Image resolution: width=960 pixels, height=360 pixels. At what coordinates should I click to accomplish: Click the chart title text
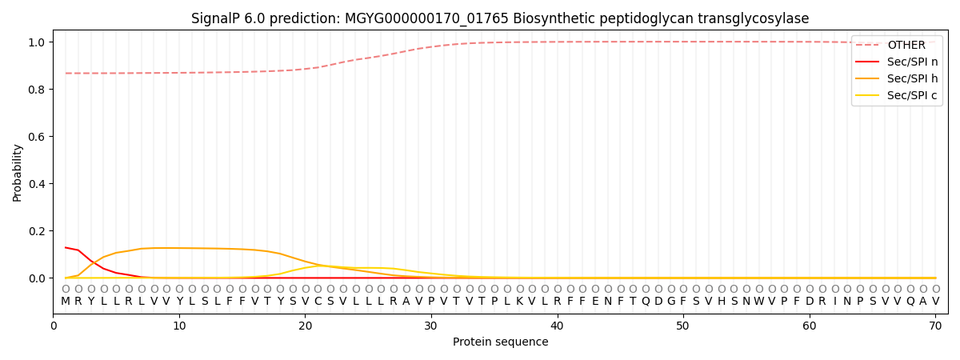tap(500, 18)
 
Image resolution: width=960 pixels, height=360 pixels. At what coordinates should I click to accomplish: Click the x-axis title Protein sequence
tap(500, 342)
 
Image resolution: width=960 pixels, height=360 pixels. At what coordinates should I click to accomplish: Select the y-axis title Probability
tap(18, 172)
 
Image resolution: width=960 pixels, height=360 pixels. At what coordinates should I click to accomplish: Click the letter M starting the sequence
tap(66, 302)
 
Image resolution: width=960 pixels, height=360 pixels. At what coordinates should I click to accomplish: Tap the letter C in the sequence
tap(318, 302)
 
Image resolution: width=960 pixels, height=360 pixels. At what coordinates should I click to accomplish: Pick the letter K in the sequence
tap(519, 302)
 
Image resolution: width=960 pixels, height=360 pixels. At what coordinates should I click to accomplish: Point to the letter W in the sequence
tap(759, 302)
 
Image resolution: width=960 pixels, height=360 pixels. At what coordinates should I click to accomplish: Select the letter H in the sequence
tap(721, 302)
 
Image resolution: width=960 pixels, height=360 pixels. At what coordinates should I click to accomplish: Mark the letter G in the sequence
tap(670, 302)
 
